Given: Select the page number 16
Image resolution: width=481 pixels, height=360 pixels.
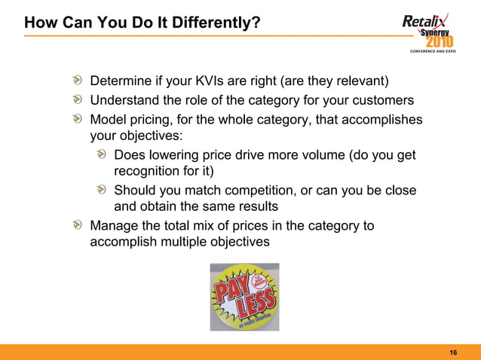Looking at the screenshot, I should pyautogui.click(x=453, y=352).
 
